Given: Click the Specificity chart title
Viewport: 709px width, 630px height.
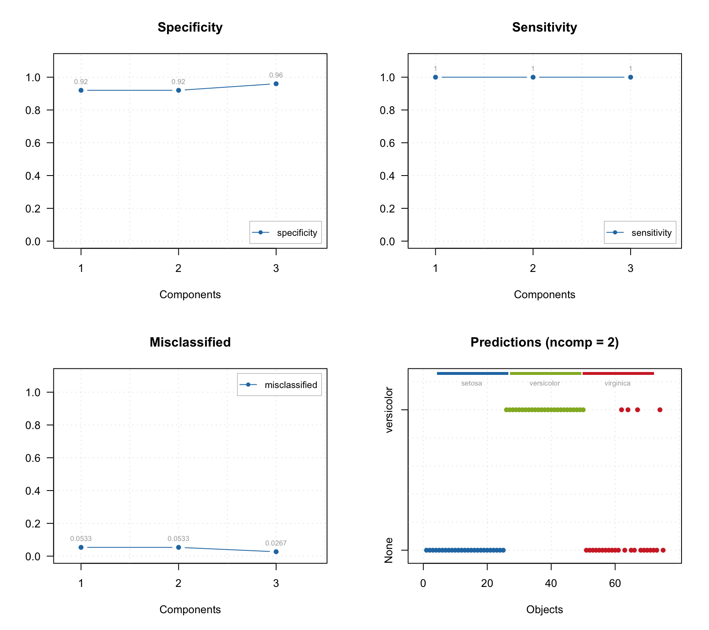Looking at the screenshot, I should [x=190, y=27].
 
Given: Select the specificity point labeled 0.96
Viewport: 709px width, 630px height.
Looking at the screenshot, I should [x=276, y=84].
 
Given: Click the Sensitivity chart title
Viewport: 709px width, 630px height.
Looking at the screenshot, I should [x=544, y=27].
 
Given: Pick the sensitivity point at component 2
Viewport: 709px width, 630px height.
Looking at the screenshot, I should [x=533, y=77].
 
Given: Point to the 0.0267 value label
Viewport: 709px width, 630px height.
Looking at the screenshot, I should [x=276, y=543].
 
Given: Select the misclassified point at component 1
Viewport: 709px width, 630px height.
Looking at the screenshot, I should [x=81, y=548].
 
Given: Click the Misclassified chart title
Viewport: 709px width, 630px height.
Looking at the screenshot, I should [x=190, y=342].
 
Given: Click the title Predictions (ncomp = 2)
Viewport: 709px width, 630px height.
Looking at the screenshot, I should [x=544, y=342].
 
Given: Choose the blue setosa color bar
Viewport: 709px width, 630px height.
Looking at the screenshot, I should [x=472, y=373].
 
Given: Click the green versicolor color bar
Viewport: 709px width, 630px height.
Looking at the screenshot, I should [x=545, y=373].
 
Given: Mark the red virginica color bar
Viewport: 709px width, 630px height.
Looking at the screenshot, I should [x=618, y=373].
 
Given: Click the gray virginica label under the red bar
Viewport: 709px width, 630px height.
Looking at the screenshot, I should [x=617, y=383].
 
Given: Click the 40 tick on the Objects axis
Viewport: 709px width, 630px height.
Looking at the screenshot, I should [x=551, y=584].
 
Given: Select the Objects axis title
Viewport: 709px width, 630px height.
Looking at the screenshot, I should [x=544, y=609].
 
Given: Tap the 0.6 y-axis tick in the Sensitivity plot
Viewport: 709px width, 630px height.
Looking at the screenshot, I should [x=387, y=143].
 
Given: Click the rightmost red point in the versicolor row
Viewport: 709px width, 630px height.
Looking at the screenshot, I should [x=660, y=410].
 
